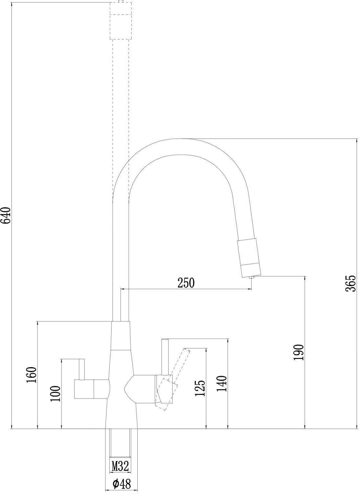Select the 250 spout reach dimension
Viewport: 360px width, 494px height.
tap(186, 283)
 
